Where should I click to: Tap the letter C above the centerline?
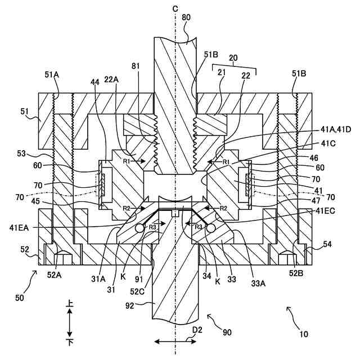(176, 8)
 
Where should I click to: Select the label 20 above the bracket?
(233, 59)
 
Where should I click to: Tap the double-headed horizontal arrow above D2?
(175, 341)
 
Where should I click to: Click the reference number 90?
(226, 332)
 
